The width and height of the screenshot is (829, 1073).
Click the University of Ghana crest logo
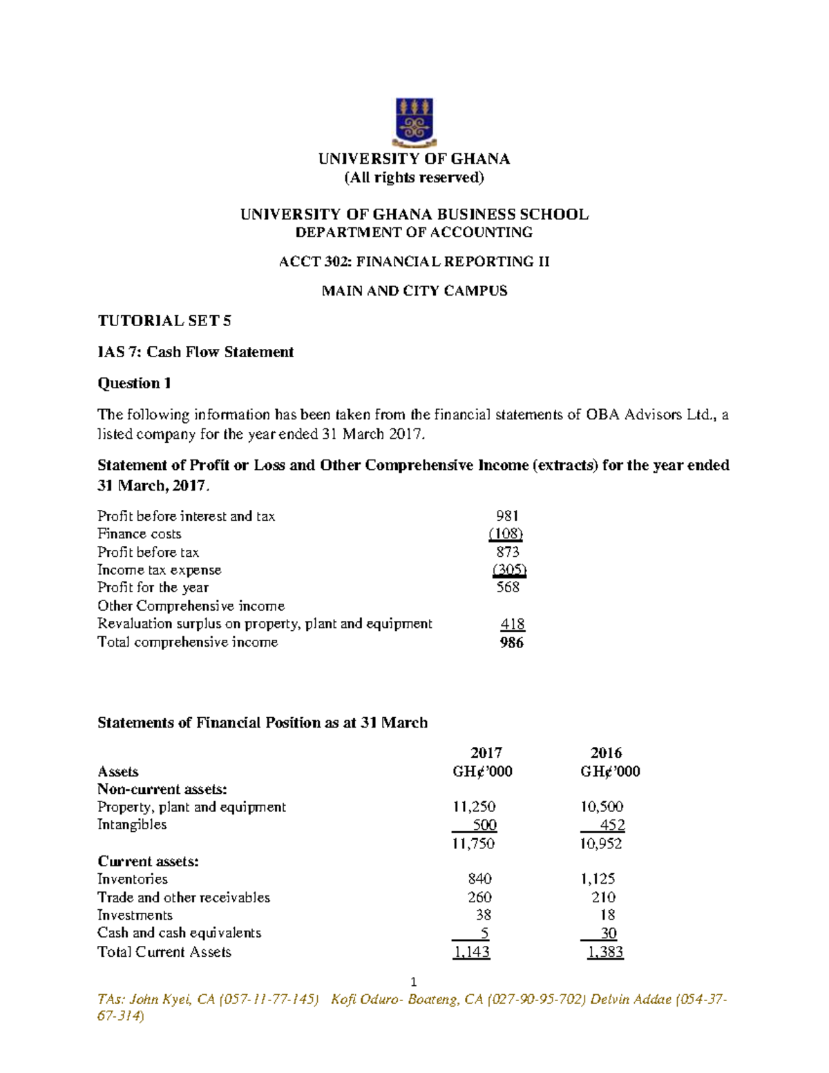click(x=414, y=122)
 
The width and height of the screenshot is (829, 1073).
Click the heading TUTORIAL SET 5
click(x=164, y=321)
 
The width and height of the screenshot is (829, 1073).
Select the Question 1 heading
click(x=134, y=383)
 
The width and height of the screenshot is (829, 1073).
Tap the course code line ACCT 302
click(x=414, y=262)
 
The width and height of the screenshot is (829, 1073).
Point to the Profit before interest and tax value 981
click(x=507, y=516)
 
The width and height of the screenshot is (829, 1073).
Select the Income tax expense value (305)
click(x=509, y=570)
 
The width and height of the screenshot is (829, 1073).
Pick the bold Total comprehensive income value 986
click(x=511, y=643)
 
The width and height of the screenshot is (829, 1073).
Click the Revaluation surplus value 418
click(x=513, y=624)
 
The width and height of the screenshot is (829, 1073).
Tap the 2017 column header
click(x=486, y=753)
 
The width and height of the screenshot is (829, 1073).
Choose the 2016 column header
click(x=606, y=753)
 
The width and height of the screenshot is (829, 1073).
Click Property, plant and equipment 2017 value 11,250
click(x=474, y=807)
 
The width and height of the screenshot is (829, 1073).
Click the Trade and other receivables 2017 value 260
click(x=479, y=897)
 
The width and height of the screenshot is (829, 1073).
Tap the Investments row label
click(x=135, y=915)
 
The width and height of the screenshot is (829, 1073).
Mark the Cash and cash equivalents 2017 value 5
click(x=485, y=933)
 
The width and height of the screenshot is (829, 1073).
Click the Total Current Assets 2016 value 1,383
click(x=605, y=952)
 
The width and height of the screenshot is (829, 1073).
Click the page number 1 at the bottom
click(x=414, y=982)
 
